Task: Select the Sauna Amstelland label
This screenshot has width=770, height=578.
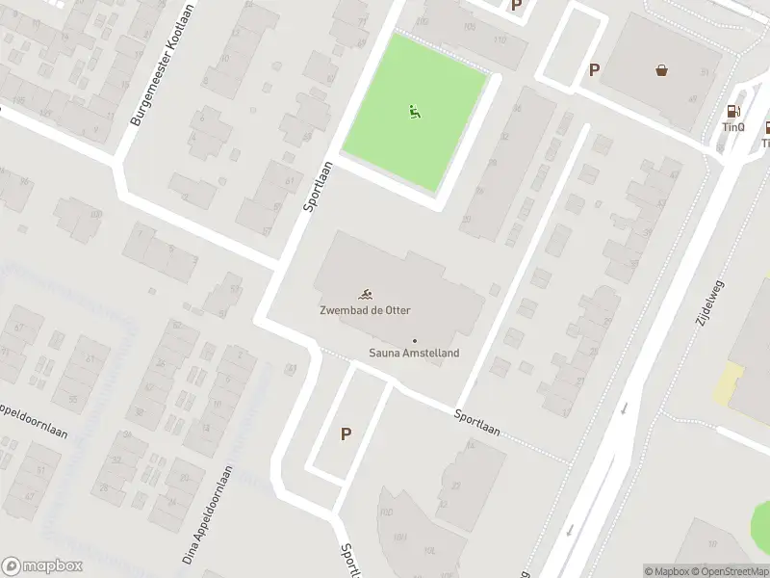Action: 414,354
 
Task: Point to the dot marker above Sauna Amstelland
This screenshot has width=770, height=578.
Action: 415,340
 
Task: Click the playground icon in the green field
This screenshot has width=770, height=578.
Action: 415,112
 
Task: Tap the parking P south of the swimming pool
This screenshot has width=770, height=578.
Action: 346,434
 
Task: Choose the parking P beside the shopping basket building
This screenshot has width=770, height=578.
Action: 595,69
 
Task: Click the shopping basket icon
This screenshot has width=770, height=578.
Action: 662,69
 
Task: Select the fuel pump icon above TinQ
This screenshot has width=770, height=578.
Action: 733,112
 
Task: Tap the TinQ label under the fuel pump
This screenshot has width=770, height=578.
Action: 733,127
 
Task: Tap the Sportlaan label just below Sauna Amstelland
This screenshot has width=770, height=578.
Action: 477,422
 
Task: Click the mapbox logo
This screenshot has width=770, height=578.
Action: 42,566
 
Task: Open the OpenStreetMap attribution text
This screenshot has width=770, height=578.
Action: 729,571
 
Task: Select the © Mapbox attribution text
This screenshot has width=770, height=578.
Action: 666,571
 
